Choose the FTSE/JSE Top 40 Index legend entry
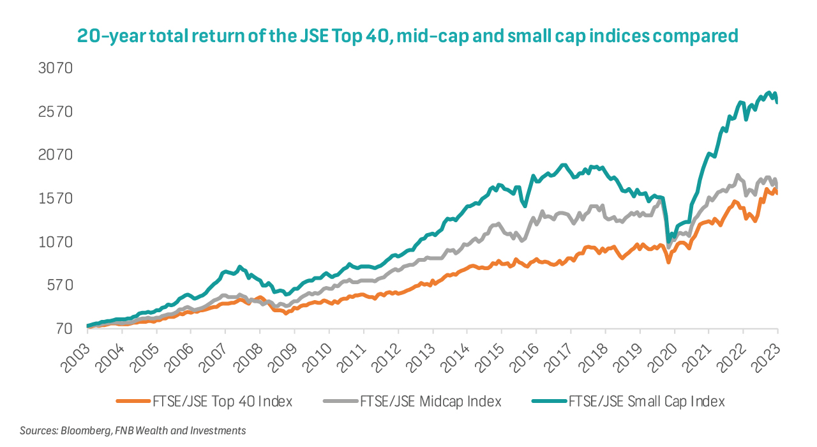pyautogui.click(x=222, y=402)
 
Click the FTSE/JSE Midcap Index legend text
pyautogui.click(x=431, y=402)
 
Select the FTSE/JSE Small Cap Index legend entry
pyautogui.click(x=647, y=402)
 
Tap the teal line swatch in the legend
pyautogui.click(x=550, y=402)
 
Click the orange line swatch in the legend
pyautogui.click(x=133, y=402)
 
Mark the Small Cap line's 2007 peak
pyautogui.click(x=240, y=267)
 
